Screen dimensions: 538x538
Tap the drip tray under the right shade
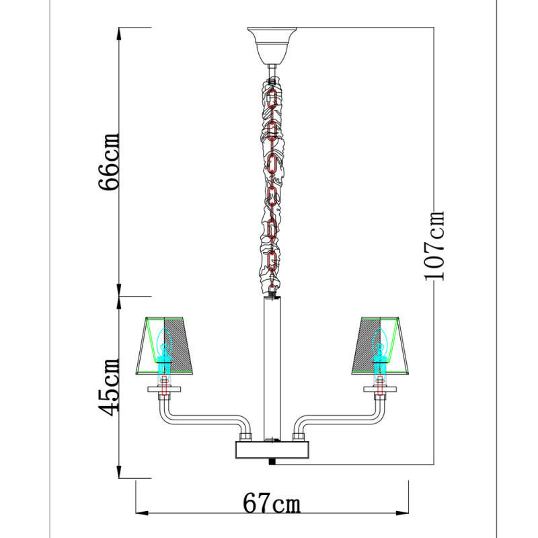(381, 389)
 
